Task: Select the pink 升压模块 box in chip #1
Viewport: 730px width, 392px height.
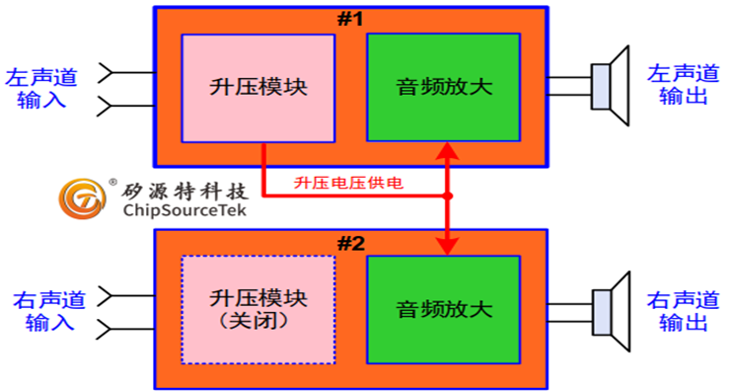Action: point(258,87)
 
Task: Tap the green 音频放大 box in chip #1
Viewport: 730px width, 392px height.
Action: point(443,87)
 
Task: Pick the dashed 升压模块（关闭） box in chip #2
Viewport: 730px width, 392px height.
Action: point(258,310)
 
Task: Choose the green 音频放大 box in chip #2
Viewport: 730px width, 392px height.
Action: point(443,310)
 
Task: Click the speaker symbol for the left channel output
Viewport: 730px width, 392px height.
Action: point(611,86)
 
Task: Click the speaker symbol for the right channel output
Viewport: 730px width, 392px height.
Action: point(611,309)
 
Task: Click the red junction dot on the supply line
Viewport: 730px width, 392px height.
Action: point(447,196)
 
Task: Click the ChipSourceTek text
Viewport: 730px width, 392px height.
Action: point(184,210)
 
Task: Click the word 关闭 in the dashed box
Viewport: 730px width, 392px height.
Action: point(259,323)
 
